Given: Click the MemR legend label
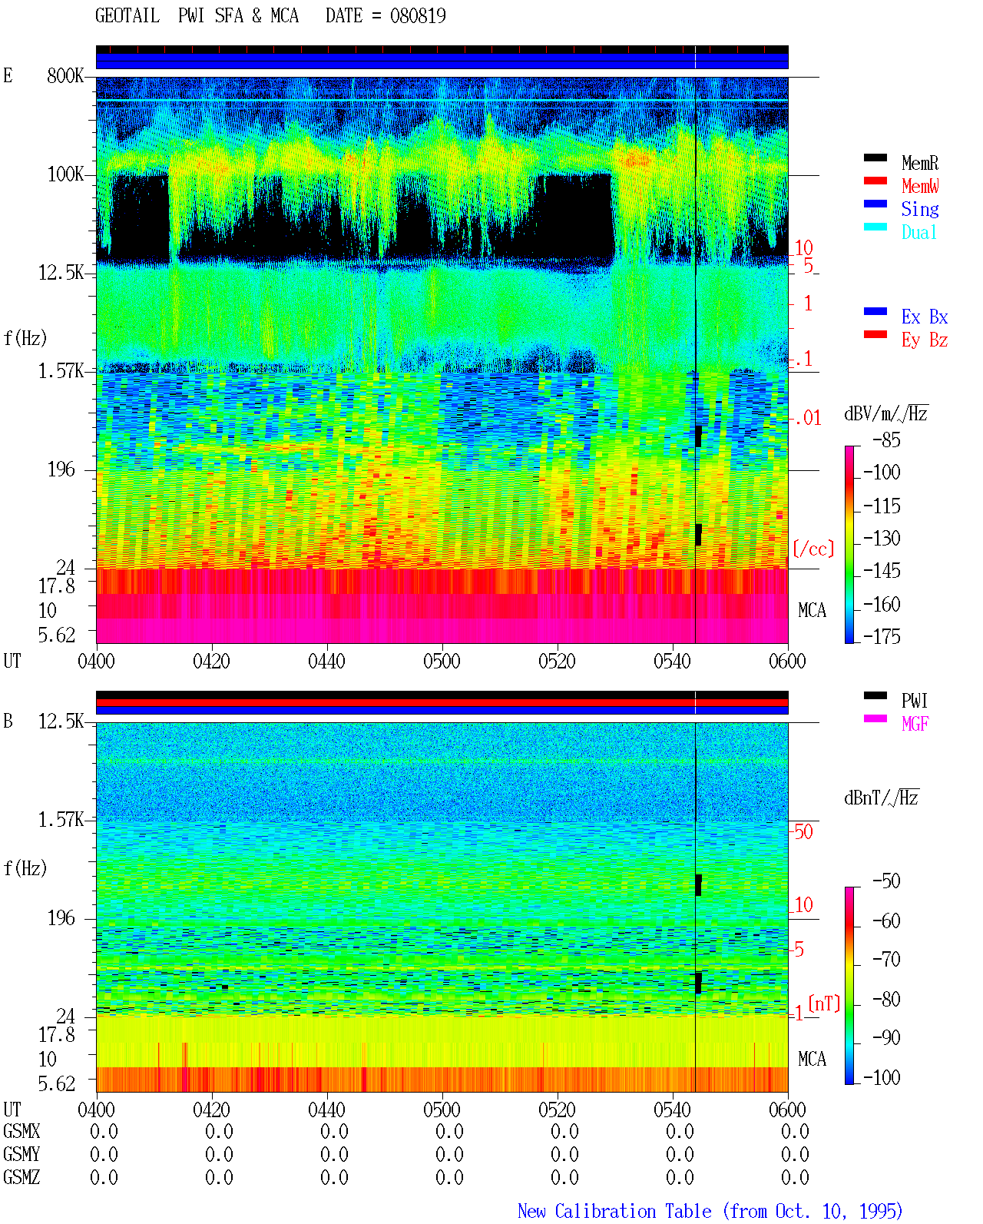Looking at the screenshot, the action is pos(919,163).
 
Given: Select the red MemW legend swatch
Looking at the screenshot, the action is pos(875,181).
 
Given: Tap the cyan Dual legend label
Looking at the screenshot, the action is pos(918,232).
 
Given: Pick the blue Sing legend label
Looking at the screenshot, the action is pos(919,209).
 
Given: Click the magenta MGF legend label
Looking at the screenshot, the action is pos(915,724).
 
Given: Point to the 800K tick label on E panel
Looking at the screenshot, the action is pos(65,75).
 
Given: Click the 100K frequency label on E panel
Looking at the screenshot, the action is pos(65,174).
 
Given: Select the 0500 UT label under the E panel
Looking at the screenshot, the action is pos(442,661).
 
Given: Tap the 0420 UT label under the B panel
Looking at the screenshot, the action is pos(211,1109).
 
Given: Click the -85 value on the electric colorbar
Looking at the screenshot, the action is pos(886,440).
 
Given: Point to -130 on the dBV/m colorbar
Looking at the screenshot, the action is pos(882,538).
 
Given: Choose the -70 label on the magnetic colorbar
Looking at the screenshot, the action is pos(886,959).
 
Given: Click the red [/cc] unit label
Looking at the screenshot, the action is pos(813,549).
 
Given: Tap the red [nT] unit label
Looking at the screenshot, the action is pos(824,1003).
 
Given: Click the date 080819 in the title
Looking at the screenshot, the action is pos(418,16).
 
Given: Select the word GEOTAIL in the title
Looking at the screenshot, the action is pos(127,16).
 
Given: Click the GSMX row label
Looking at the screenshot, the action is pos(22,1131).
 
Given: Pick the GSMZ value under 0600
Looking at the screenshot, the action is pos(795,1177).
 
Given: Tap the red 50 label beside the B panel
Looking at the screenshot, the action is pos(803,832).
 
